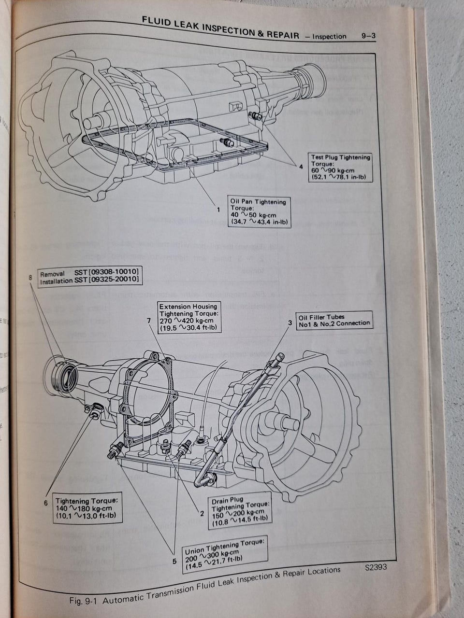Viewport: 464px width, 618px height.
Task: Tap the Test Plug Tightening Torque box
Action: coord(340,168)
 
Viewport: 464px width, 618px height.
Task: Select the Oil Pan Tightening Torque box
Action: coord(260,212)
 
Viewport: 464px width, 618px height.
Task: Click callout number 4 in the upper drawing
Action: coord(301,167)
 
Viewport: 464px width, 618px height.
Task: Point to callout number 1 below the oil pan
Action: coord(218,210)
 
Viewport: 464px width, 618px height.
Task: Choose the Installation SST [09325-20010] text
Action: coord(90,280)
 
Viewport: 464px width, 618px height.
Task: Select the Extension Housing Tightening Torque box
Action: coord(188,317)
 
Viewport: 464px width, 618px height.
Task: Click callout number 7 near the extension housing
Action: coord(149,320)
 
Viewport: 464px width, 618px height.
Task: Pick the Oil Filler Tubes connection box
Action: coord(334,321)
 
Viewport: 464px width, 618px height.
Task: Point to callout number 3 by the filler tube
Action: coord(290,323)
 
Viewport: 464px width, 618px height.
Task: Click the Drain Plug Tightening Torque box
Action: coord(240,510)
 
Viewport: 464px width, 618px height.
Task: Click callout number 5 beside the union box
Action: coord(174,561)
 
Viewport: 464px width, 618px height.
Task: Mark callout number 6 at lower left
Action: coord(45,503)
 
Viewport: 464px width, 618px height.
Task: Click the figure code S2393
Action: coord(376,568)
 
